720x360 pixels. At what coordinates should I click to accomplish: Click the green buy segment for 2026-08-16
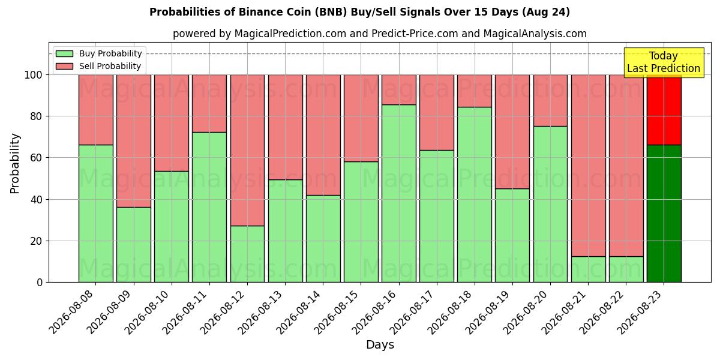click(399, 193)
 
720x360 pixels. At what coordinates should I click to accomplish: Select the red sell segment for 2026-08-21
click(588, 166)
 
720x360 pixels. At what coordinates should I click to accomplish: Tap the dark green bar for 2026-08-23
click(664, 214)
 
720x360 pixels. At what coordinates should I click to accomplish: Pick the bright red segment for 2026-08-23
click(664, 110)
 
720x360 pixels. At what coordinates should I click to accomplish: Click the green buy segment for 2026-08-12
click(247, 254)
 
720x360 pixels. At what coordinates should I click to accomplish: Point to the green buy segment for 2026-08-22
click(626, 269)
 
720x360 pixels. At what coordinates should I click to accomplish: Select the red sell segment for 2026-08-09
click(134, 141)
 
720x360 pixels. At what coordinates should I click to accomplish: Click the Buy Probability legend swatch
click(64, 53)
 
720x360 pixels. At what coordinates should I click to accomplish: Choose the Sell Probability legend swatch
click(64, 66)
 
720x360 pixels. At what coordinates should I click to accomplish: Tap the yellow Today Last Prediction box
click(664, 62)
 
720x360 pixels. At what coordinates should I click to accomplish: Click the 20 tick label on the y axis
click(36, 241)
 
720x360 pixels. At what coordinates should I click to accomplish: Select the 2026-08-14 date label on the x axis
click(299, 313)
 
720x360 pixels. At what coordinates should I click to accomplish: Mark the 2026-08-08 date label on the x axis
click(71, 313)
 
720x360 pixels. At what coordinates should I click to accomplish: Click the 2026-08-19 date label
click(488, 313)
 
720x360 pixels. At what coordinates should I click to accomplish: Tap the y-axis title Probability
click(15, 163)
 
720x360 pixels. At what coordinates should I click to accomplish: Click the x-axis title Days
click(380, 345)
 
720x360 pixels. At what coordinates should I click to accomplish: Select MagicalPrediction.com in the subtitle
click(290, 34)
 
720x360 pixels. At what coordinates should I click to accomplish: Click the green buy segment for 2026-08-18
click(475, 195)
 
